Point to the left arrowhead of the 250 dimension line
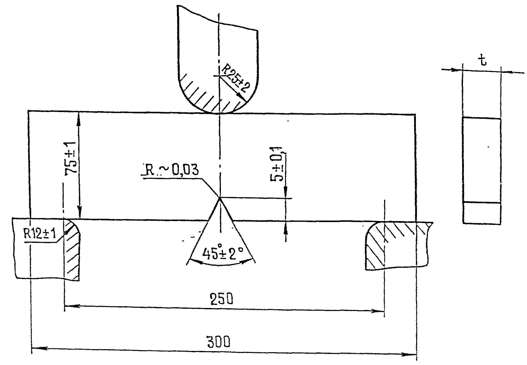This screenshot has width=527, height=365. click(x=71, y=306)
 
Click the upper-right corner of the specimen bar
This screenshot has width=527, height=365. click(x=415, y=115)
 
